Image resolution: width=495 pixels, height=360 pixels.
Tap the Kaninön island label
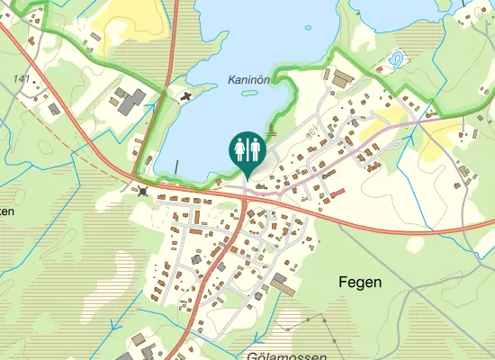pyautogui.click(x=249, y=79)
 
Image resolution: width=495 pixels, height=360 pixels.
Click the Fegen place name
pyautogui.click(x=360, y=282)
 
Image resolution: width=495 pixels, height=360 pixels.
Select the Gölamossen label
pyautogui.click(x=285, y=356)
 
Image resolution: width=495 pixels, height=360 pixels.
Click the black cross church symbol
pyautogui.click(x=185, y=94)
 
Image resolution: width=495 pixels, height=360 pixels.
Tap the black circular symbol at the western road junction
pyautogui.click(x=143, y=190)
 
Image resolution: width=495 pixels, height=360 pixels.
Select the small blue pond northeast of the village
pyautogui.click(x=395, y=61)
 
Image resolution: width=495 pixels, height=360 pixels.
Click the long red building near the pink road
pyautogui.click(x=337, y=193)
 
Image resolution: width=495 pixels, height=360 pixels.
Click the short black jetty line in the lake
pyautogui.click(x=177, y=166)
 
